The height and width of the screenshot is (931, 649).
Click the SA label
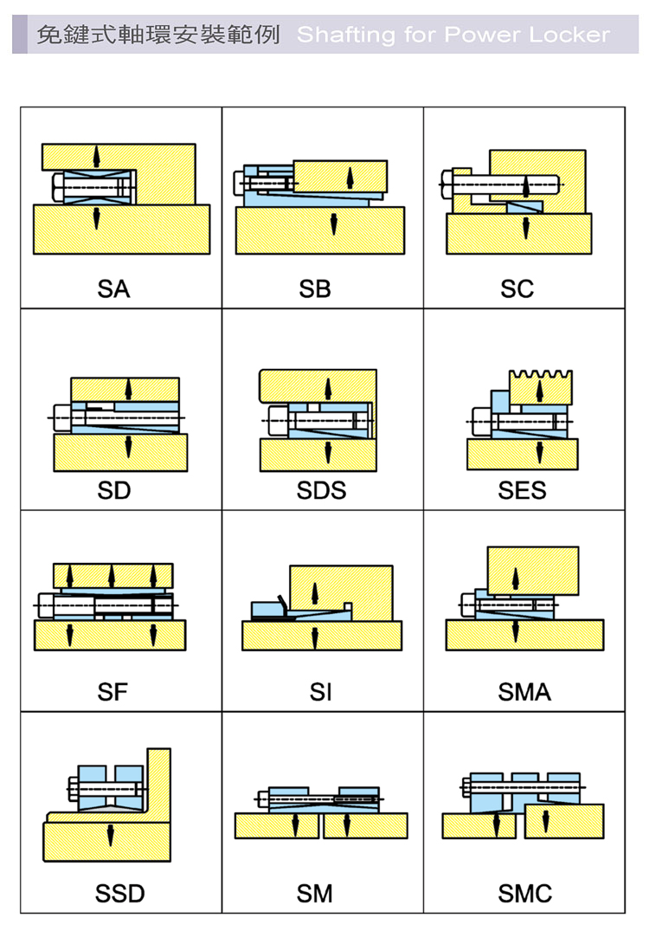tap(113, 289)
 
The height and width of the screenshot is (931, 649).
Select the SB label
tap(315, 289)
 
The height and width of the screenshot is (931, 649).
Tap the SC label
tap(517, 289)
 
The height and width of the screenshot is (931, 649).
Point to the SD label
tap(113, 491)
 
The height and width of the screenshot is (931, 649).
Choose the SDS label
tap(321, 491)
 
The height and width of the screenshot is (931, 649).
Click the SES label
tap(522, 491)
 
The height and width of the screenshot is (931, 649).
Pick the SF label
tap(112, 692)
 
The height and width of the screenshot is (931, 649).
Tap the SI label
tap(320, 692)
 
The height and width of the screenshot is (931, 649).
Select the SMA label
tap(524, 692)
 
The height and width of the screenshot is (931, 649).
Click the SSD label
tap(120, 894)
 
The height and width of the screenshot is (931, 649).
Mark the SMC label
tap(524, 894)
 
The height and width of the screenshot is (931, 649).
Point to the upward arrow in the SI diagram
tap(315, 592)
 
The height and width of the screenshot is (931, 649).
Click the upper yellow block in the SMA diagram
tap(532, 570)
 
